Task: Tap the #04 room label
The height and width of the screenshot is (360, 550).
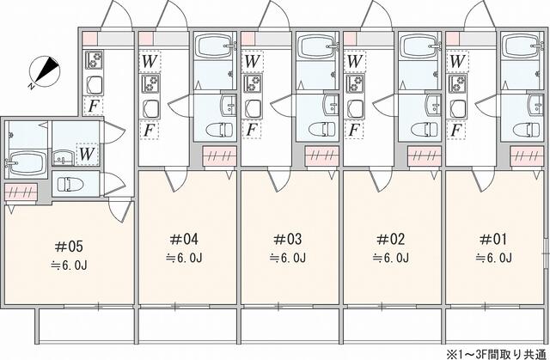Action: tap(184, 238)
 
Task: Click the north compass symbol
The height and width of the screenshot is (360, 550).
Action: tap(42, 71)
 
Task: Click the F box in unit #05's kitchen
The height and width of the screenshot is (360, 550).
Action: tap(92, 106)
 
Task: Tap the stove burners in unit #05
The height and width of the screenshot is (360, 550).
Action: tap(94, 61)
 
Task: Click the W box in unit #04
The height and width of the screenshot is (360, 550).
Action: tap(150, 62)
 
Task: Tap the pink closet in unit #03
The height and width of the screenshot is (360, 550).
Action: tap(323, 156)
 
